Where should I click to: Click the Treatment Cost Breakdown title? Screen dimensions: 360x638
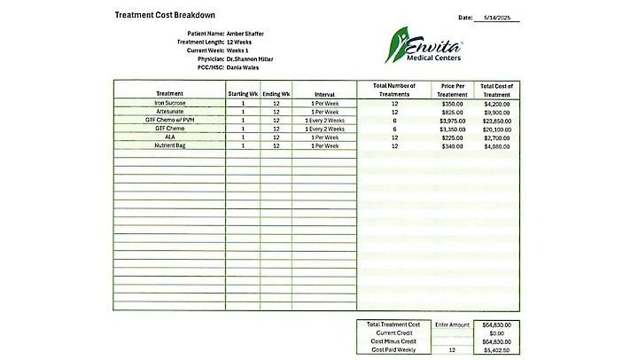(x=165, y=16)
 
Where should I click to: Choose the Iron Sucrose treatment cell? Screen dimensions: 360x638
(x=169, y=103)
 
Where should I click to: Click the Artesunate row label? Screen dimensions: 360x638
(x=169, y=112)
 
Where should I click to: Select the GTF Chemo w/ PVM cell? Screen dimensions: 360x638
(x=169, y=120)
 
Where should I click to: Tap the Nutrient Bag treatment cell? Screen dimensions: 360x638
(x=169, y=145)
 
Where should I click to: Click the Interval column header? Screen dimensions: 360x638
(x=324, y=93)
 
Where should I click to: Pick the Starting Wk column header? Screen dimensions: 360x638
(x=242, y=93)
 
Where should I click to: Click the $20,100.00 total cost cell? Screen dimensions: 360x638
(x=497, y=129)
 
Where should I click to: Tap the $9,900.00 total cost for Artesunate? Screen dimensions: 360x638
(x=497, y=112)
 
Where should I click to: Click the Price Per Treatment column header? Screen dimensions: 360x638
(x=453, y=89)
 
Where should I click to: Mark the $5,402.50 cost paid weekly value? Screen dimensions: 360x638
(x=497, y=349)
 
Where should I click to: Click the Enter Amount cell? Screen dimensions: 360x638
(x=452, y=325)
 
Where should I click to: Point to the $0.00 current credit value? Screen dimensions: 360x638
(x=497, y=333)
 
